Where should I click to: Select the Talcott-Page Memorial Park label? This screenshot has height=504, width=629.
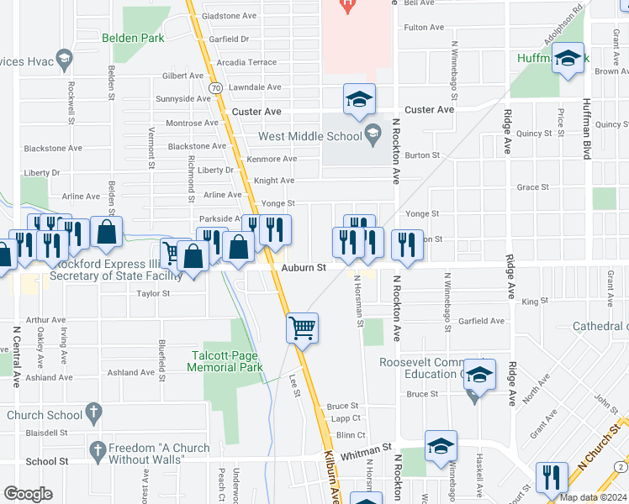click(x=227, y=361)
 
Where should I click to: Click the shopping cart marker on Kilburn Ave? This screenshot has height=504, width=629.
click(x=302, y=327)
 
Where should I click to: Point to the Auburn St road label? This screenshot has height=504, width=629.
click(x=304, y=268)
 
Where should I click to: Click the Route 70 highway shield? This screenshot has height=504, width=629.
click(x=216, y=87)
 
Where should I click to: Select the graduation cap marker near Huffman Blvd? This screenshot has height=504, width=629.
click(x=568, y=58)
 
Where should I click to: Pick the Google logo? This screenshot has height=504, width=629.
click(x=28, y=494)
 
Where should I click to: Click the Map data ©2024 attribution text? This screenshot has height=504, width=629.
click(x=594, y=496)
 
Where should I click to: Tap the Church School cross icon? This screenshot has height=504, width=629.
click(x=93, y=413)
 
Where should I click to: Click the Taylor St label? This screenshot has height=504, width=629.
click(x=154, y=294)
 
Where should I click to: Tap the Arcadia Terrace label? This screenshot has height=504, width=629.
click(x=246, y=62)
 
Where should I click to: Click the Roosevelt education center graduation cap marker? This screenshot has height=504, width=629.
click(x=479, y=374)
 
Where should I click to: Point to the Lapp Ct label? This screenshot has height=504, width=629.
click(x=346, y=418)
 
